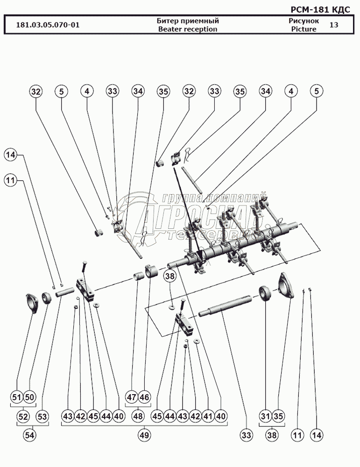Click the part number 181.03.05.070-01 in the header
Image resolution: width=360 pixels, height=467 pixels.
48,25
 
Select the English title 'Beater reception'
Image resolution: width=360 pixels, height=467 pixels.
187,29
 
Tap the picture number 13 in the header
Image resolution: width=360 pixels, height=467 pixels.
333,25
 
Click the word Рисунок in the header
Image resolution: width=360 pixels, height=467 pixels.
304,21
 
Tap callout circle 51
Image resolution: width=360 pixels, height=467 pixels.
17,397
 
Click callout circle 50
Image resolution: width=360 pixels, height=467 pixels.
30,397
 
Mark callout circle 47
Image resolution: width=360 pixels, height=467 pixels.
132,397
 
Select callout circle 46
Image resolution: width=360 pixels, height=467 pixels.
144,397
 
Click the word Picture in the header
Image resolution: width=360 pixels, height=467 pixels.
304,29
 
